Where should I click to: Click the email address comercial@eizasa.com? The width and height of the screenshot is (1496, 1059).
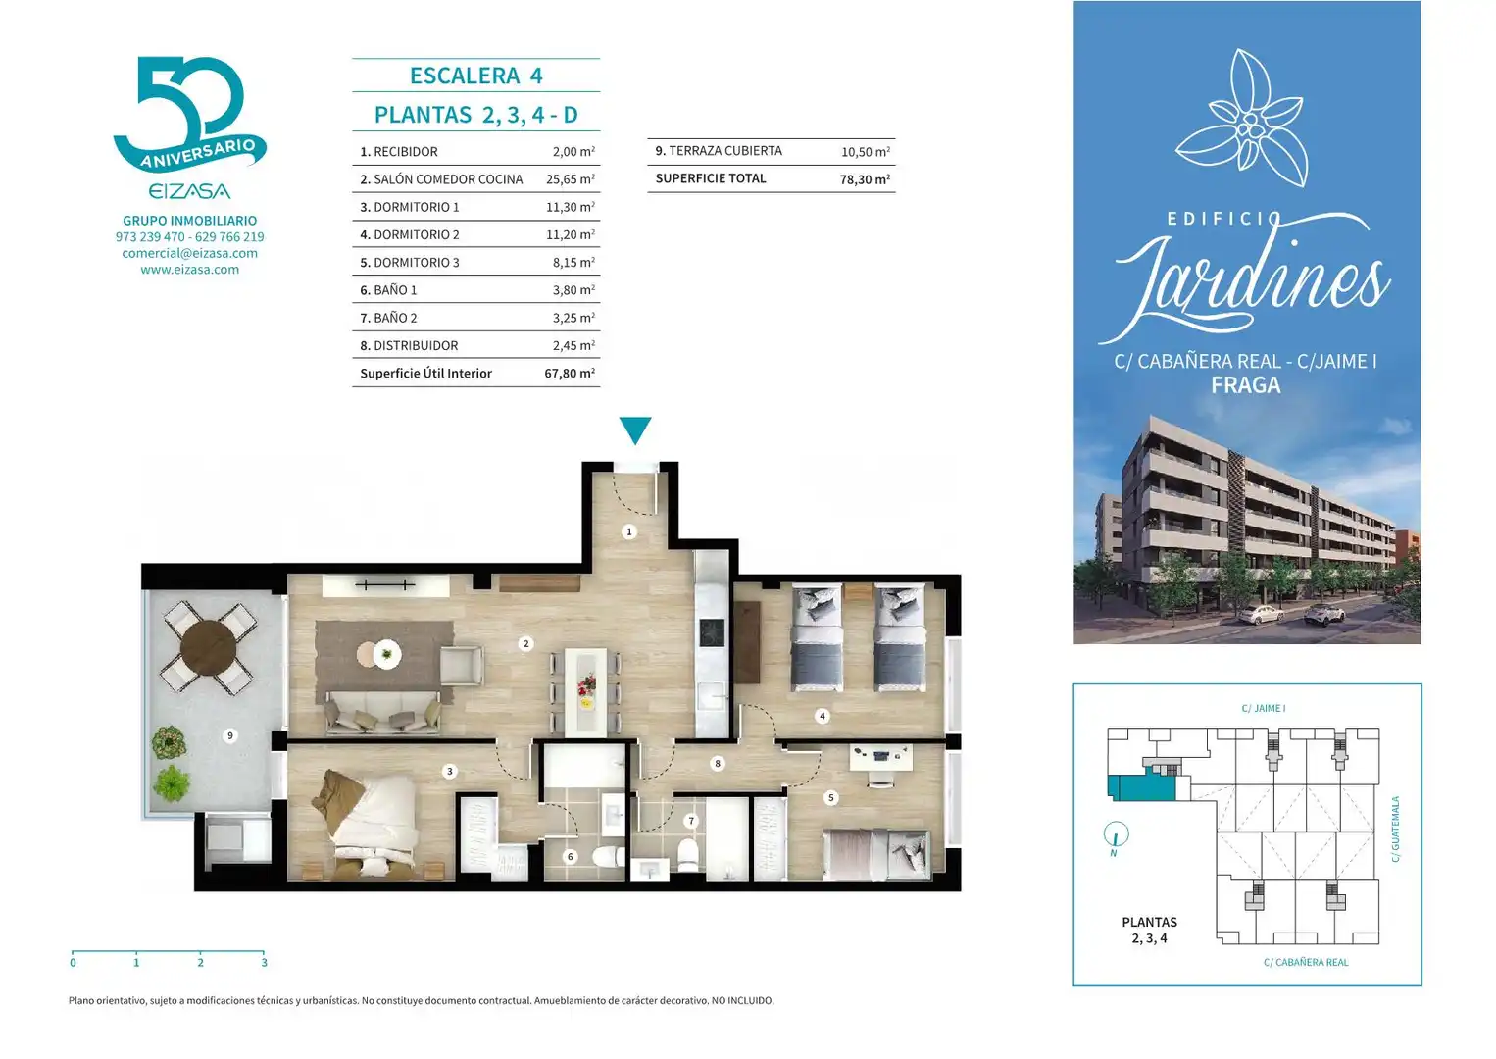point(189,253)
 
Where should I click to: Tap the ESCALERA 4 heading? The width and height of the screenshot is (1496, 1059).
point(476,76)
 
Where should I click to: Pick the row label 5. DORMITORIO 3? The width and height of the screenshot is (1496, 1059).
point(410,263)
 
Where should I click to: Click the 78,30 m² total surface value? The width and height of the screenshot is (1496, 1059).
point(865,179)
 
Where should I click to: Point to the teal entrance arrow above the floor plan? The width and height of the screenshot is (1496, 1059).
point(635,430)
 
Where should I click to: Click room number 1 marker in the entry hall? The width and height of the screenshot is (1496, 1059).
point(628,531)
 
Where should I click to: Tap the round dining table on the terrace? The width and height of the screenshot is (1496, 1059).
point(209,648)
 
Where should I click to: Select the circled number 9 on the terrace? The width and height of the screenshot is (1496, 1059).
point(230,735)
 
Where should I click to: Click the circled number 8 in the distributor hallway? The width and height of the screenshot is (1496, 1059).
point(718,763)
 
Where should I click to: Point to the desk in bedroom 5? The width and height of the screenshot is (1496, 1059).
point(881,758)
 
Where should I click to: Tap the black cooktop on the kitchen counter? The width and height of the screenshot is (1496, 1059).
point(712,632)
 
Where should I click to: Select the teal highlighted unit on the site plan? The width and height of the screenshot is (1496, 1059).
point(1142,787)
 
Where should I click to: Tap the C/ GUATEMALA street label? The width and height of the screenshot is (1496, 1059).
point(1395,830)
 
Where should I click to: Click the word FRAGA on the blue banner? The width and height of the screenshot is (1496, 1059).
point(1246,385)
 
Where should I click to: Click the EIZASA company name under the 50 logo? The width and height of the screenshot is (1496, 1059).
point(189,192)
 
